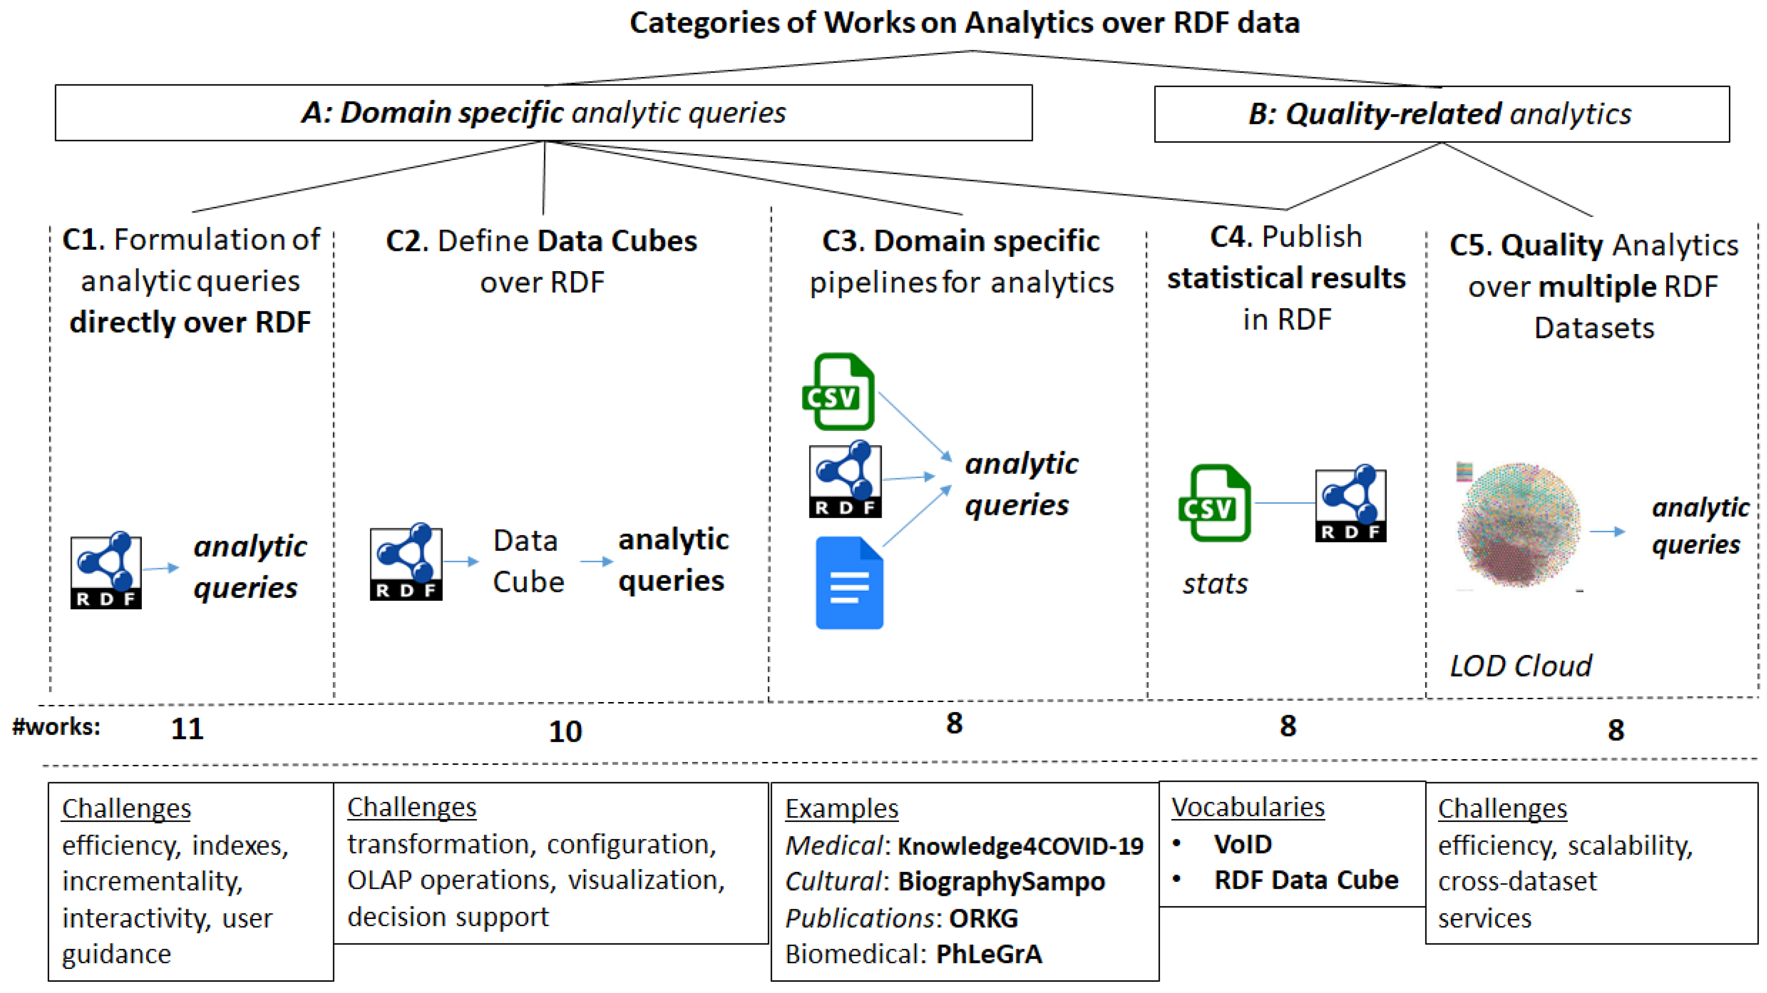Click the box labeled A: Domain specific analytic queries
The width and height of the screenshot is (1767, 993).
coord(543,113)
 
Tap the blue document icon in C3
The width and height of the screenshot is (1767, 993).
coord(849,583)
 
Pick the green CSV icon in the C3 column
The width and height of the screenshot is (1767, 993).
coord(838,392)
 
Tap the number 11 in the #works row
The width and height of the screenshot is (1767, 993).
coord(187,728)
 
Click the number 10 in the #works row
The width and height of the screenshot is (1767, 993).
coord(565,731)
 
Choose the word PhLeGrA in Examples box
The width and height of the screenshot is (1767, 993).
coord(989,954)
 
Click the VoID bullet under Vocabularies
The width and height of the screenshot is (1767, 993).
coord(1242,844)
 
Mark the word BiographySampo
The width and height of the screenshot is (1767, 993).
coord(1001,881)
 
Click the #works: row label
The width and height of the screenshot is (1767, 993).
coord(56,726)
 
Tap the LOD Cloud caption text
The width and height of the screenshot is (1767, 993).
coord(1520,666)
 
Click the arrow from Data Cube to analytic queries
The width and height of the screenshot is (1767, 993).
coord(596,562)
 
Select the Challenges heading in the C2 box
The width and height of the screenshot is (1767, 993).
coord(411,807)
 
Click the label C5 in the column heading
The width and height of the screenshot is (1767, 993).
coord(1471,245)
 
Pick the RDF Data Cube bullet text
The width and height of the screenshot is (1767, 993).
coord(1305,880)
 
